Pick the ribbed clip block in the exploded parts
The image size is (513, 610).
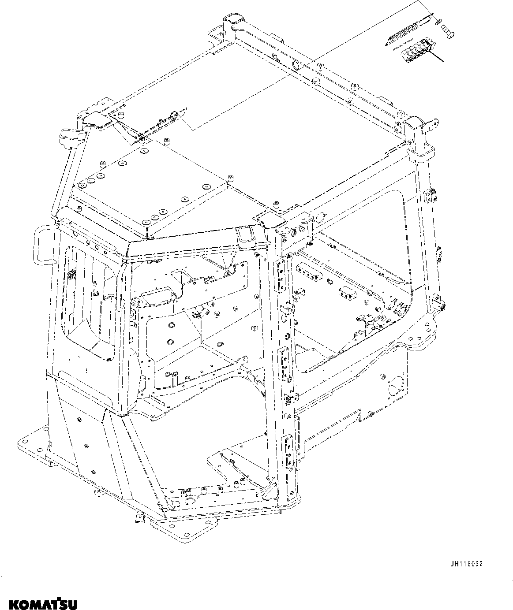coord(416,51)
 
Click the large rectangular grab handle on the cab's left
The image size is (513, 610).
coord(44,245)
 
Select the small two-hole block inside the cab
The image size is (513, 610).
coord(346,293)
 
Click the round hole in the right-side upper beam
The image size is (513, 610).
coord(320,217)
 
